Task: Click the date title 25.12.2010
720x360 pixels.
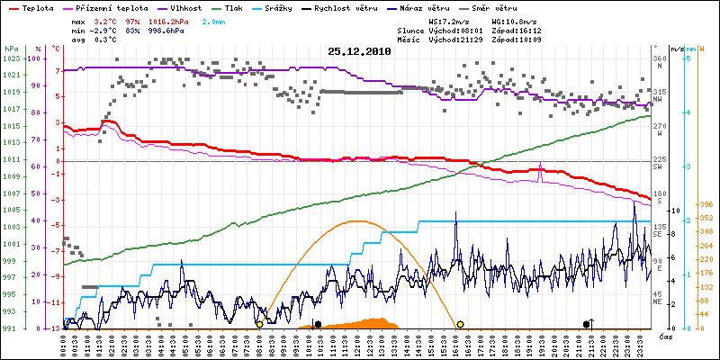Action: tap(360, 52)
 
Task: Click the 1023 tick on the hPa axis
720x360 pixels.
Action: tap(11, 58)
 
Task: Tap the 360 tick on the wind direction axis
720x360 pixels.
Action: tap(660, 58)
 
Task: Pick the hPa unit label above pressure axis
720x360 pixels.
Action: tap(11, 48)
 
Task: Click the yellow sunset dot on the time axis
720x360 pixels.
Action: tap(460, 324)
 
